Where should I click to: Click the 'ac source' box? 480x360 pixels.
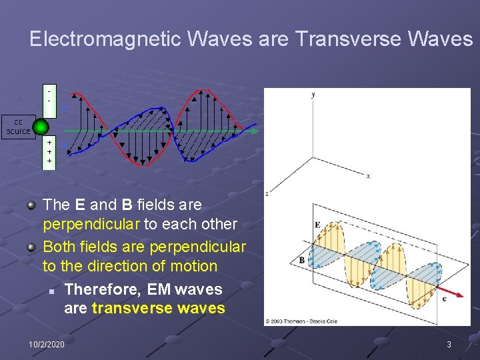pyautogui.click(x=18, y=126)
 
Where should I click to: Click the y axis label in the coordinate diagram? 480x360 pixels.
pyautogui.click(x=313, y=95)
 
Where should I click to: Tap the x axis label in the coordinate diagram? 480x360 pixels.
pyautogui.click(x=367, y=176)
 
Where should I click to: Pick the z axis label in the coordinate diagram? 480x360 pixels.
pyautogui.click(x=267, y=193)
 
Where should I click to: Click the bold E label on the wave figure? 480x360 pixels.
pyautogui.click(x=317, y=225)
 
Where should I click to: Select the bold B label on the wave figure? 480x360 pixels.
pyautogui.click(x=301, y=260)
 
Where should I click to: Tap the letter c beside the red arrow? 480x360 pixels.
pyautogui.click(x=445, y=299)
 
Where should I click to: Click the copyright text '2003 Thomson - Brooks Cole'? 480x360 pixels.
pyautogui.click(x=301, y=321)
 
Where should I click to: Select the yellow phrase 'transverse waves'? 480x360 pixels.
pyautogui.click(x=158, y=308)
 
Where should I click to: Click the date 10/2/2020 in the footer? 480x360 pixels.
pyautogui.click(x=47, y=344)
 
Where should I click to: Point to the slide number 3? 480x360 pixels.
pyautogui.click(x=449, y=344)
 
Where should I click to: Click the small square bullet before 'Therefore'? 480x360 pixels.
pyautogui.click(x=50, y=291)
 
